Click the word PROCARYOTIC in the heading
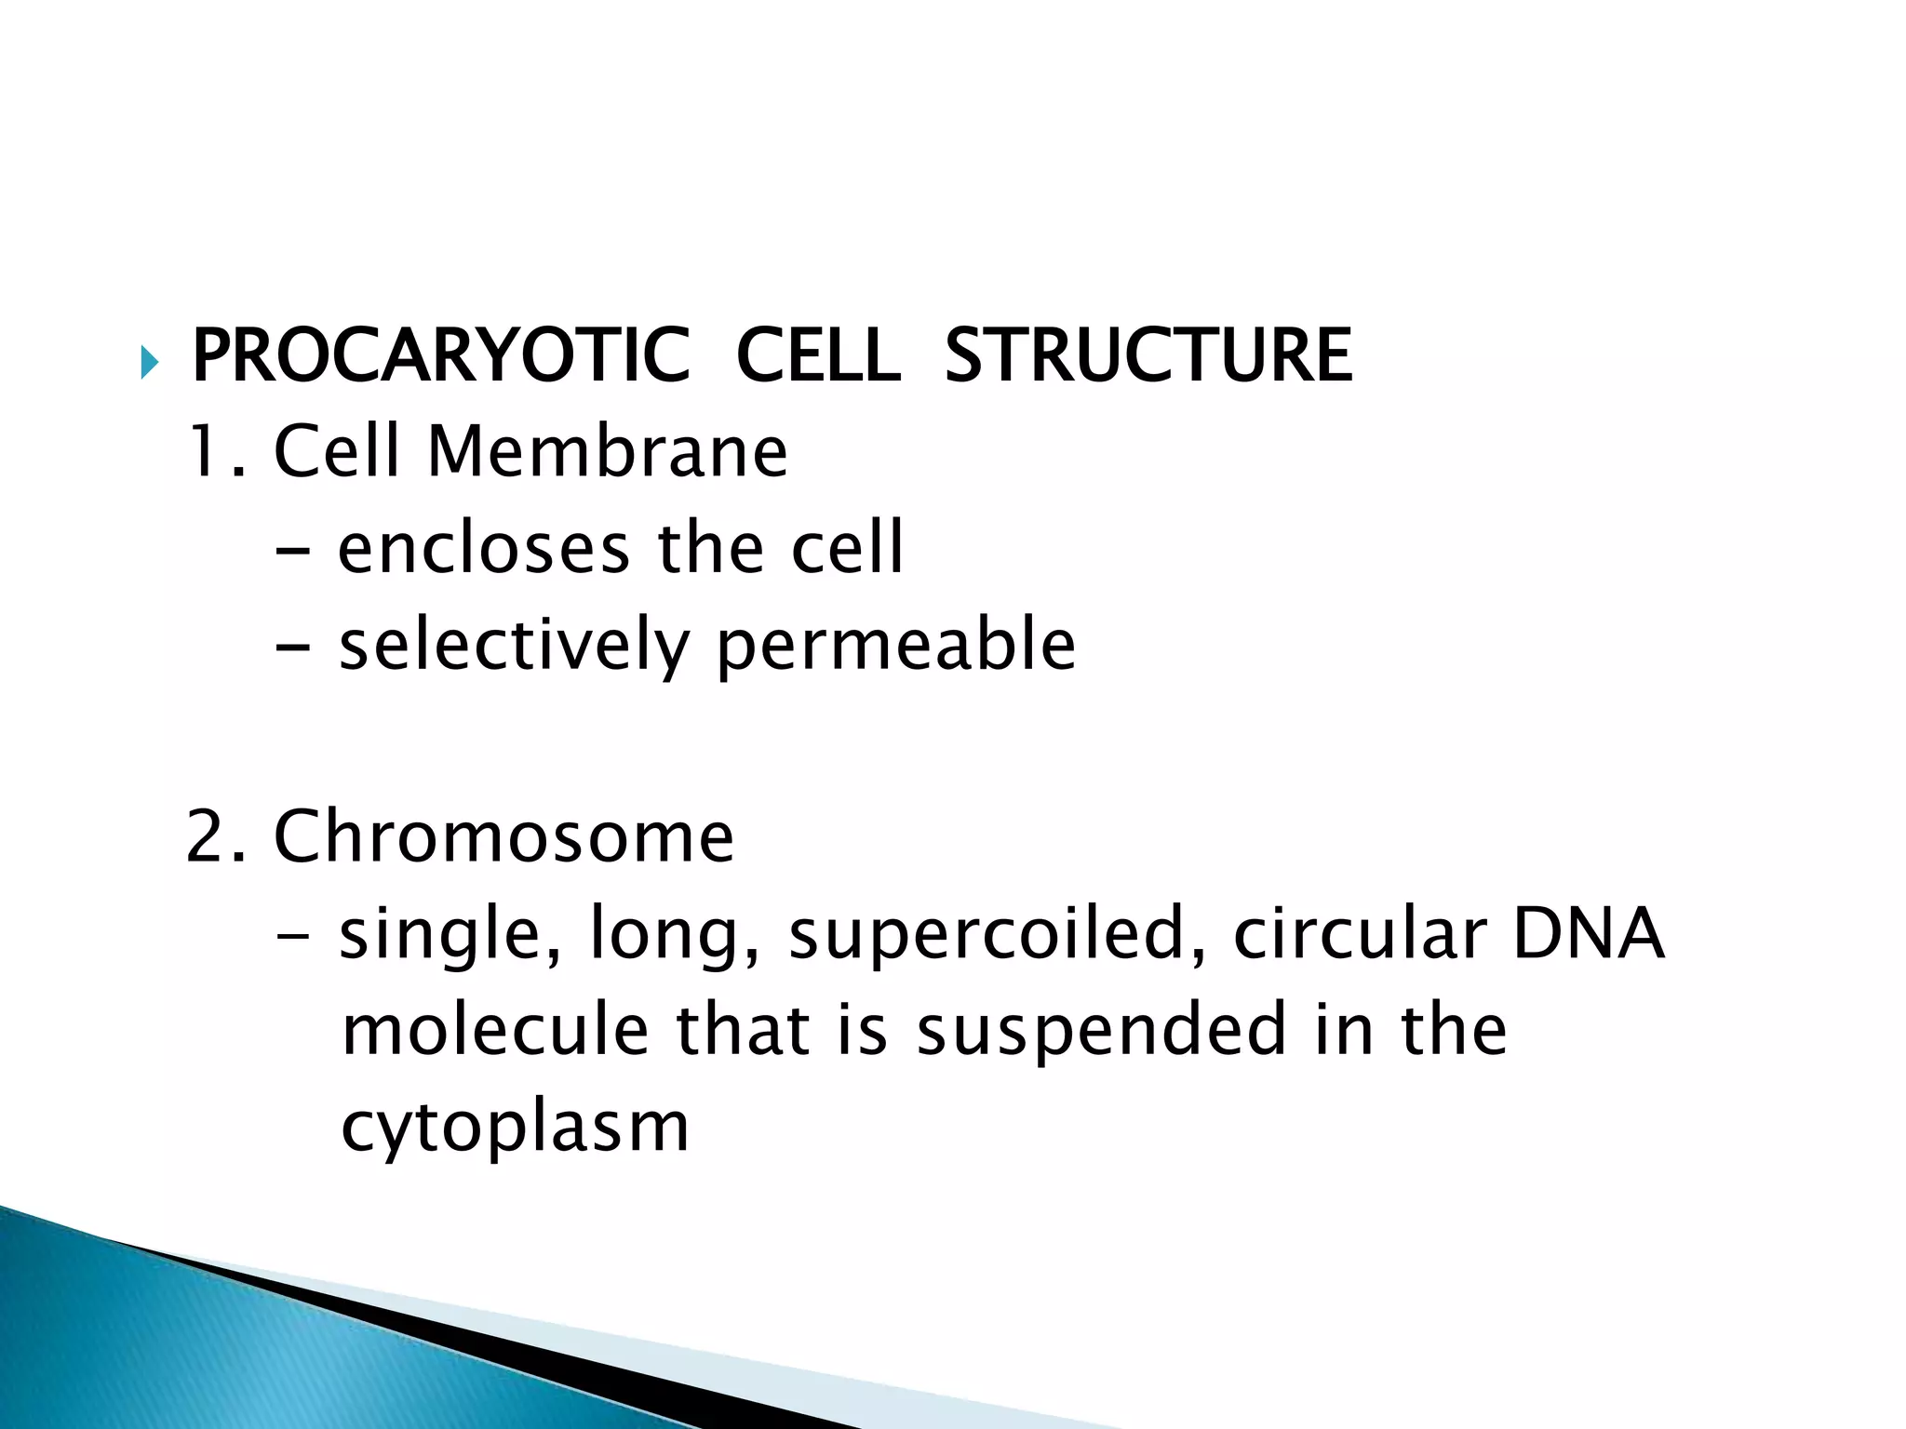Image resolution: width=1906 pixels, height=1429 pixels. coord(440,356)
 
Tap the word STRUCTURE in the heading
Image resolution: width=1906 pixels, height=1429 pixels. coord(1148,356)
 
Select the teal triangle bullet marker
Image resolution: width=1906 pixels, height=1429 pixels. coord(149,361)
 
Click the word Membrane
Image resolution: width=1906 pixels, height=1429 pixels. coord(607,452)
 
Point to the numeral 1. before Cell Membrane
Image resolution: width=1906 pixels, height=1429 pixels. coord(217,452)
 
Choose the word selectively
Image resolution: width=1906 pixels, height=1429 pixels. coord(513,646)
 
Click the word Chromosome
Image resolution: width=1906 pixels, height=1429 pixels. coord(503,837)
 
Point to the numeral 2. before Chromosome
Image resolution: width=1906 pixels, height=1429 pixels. coord(215,837)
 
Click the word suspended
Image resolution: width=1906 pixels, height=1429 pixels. coord(1101,1032)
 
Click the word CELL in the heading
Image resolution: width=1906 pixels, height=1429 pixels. coord(817,356)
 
